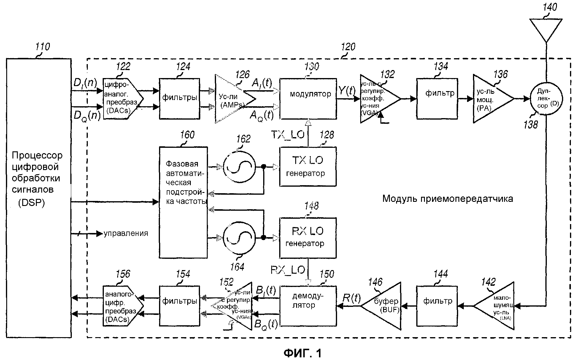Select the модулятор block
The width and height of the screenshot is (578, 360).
tap(308, 99)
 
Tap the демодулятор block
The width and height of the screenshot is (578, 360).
tap(308, 306)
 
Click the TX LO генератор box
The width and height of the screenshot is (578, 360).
tap(308, 166)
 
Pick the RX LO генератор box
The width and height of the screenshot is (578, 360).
tap(308, 238)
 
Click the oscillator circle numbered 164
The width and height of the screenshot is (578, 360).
tap(239, 238)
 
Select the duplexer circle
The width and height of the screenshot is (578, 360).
tap(546, 98)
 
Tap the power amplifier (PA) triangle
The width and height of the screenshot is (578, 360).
tap(490, 99)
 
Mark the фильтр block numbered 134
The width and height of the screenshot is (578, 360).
tap(437, 99)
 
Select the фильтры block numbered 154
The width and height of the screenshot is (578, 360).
tap(180, 306)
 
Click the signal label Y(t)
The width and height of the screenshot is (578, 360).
tap(347, 91)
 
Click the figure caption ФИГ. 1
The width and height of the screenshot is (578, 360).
tap(302, 353)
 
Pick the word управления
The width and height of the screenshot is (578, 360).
tap(126, 234)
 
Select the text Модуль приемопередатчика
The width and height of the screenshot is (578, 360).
tap(447, 199)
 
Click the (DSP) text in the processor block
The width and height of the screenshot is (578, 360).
tap(31, 203)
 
